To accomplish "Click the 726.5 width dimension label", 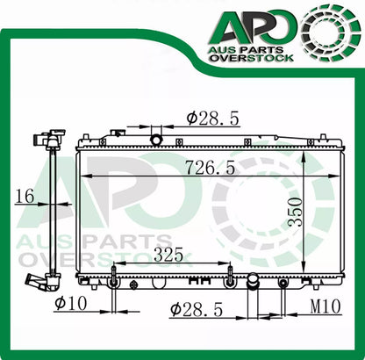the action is click(x=211, y=168).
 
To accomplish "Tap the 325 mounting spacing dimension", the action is click(x=168, y=255).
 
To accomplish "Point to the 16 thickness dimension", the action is click(x=25, y=196).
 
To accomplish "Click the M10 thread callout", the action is click(x=326, y=306).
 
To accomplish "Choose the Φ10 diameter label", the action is click(x=70, y=303).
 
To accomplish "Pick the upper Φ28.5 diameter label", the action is click(x=213, y=118).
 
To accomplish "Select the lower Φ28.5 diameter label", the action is click(x=197, y=309).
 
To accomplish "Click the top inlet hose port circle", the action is click(x=156, y=140).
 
